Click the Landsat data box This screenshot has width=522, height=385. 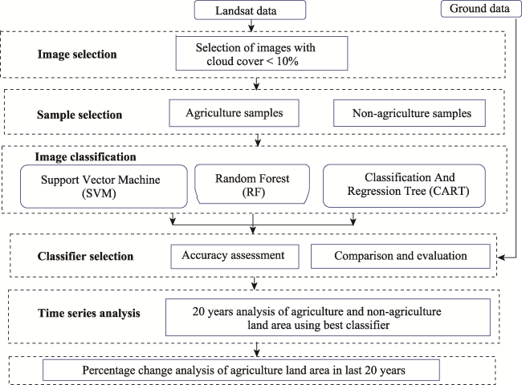250,10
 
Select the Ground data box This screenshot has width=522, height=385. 481,9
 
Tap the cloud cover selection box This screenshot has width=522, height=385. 262,54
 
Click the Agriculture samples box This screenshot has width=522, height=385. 234,113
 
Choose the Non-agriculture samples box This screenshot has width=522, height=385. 410,113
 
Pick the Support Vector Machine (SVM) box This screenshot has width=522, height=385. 104,186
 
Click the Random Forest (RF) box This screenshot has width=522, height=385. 252,184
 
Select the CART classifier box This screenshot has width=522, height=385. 404,185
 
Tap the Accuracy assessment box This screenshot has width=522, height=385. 235,257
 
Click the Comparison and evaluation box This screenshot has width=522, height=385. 401,257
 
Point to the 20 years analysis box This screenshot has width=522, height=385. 328,317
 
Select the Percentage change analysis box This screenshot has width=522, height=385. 241,370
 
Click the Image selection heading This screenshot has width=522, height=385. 77,55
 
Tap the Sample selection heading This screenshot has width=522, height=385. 80,115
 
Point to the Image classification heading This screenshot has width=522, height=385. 86,156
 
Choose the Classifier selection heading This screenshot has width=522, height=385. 85,257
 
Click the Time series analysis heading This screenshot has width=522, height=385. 89,313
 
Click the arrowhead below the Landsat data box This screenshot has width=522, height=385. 251,29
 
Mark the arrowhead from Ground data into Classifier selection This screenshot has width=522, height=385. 501,257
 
